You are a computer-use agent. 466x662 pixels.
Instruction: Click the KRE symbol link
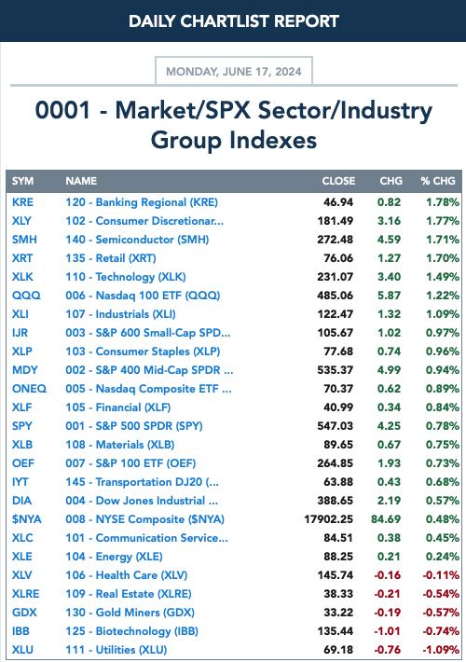pos(22,202)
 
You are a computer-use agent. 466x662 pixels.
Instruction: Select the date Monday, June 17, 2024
pos(234,72)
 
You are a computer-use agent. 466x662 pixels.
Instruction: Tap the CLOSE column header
pos(338,181)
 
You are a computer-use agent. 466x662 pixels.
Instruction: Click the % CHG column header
pos(438,181)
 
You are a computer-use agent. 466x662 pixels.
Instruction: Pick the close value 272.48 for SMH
pos(336,240)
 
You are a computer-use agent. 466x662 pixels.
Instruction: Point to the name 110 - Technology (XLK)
pos(126,277)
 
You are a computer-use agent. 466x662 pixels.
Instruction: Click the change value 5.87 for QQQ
pos(389,296)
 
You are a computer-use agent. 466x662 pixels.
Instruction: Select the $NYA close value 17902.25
pos(328,519)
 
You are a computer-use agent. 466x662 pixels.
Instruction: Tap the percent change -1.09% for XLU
pos(441,650)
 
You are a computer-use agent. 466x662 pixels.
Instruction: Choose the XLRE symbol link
pos(26,594)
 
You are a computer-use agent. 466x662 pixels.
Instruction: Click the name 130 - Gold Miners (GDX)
pos(130,613)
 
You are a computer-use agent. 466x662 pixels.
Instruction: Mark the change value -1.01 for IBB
pos(387,631)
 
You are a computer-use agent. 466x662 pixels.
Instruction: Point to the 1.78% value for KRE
pos(443,202)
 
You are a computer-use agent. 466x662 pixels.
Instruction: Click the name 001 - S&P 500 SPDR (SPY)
pos(134,426)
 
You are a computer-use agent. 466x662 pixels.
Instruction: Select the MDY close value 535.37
pos(336,370)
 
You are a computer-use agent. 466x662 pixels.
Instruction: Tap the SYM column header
pos(22,181)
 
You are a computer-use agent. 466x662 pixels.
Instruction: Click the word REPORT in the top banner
pos(307,21)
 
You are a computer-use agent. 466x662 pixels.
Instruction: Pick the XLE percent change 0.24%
pos(443,557)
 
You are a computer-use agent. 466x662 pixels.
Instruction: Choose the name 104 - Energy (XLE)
pos(114,557)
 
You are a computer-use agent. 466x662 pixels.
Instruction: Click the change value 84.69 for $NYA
pos(386,519)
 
